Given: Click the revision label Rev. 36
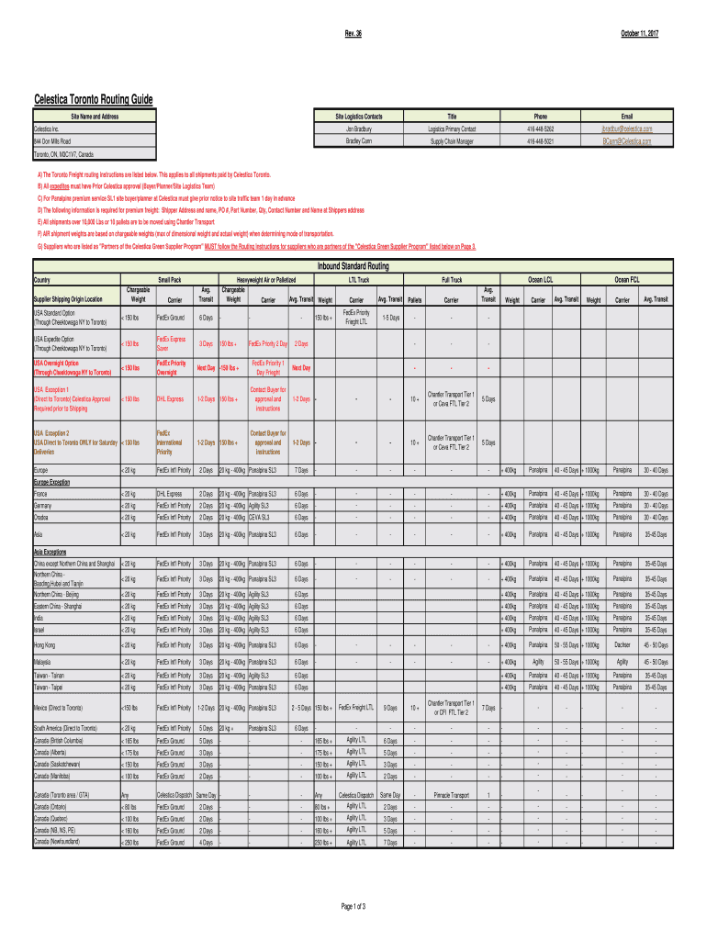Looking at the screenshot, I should [353, 34].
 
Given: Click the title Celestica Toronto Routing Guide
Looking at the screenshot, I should [94, 99].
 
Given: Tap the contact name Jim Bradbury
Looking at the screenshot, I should [359, 129].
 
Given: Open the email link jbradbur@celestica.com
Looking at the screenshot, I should [627, 129].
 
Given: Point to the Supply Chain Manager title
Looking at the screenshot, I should [452, 141].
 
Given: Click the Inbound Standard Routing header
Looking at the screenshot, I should [353, 266].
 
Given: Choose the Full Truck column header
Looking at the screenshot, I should [452, 278].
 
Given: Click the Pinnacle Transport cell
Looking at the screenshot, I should [452, 795].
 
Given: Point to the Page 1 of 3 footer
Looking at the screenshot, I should [353, 906].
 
